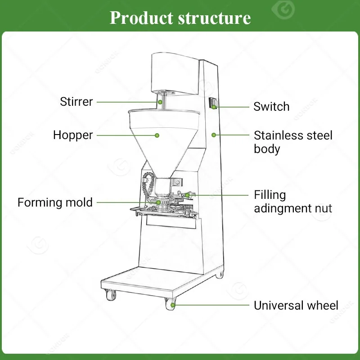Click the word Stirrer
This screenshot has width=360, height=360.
[x=76, y=102]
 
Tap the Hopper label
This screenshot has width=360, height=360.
[x=73, y=135]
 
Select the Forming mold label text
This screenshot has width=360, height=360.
[x=55, y=202]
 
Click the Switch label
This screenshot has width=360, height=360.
[x=271, y=107]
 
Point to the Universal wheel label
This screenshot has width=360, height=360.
[x=296, y=306]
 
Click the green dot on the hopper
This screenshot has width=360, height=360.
[x=157, y=135]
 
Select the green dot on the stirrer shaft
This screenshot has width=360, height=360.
[x=159, y=102]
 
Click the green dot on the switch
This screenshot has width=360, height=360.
[x=215, y=107]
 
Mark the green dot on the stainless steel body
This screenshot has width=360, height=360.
[x=214, y=135]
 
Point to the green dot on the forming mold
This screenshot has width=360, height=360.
[x=158, y=202]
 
